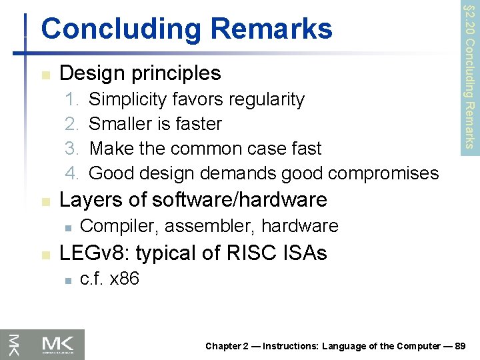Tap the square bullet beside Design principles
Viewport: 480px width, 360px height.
pyautogui.click(x=45, y=73)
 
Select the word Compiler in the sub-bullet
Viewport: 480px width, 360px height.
pyautogui.click(x=118, y=227)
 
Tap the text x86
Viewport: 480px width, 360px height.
pyautogui.click(x=124, y=279)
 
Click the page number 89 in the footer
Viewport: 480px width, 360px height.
pyautogui.click(x=465, y=346)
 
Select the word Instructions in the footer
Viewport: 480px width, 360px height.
pyautogui.click(x=292, y=346)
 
